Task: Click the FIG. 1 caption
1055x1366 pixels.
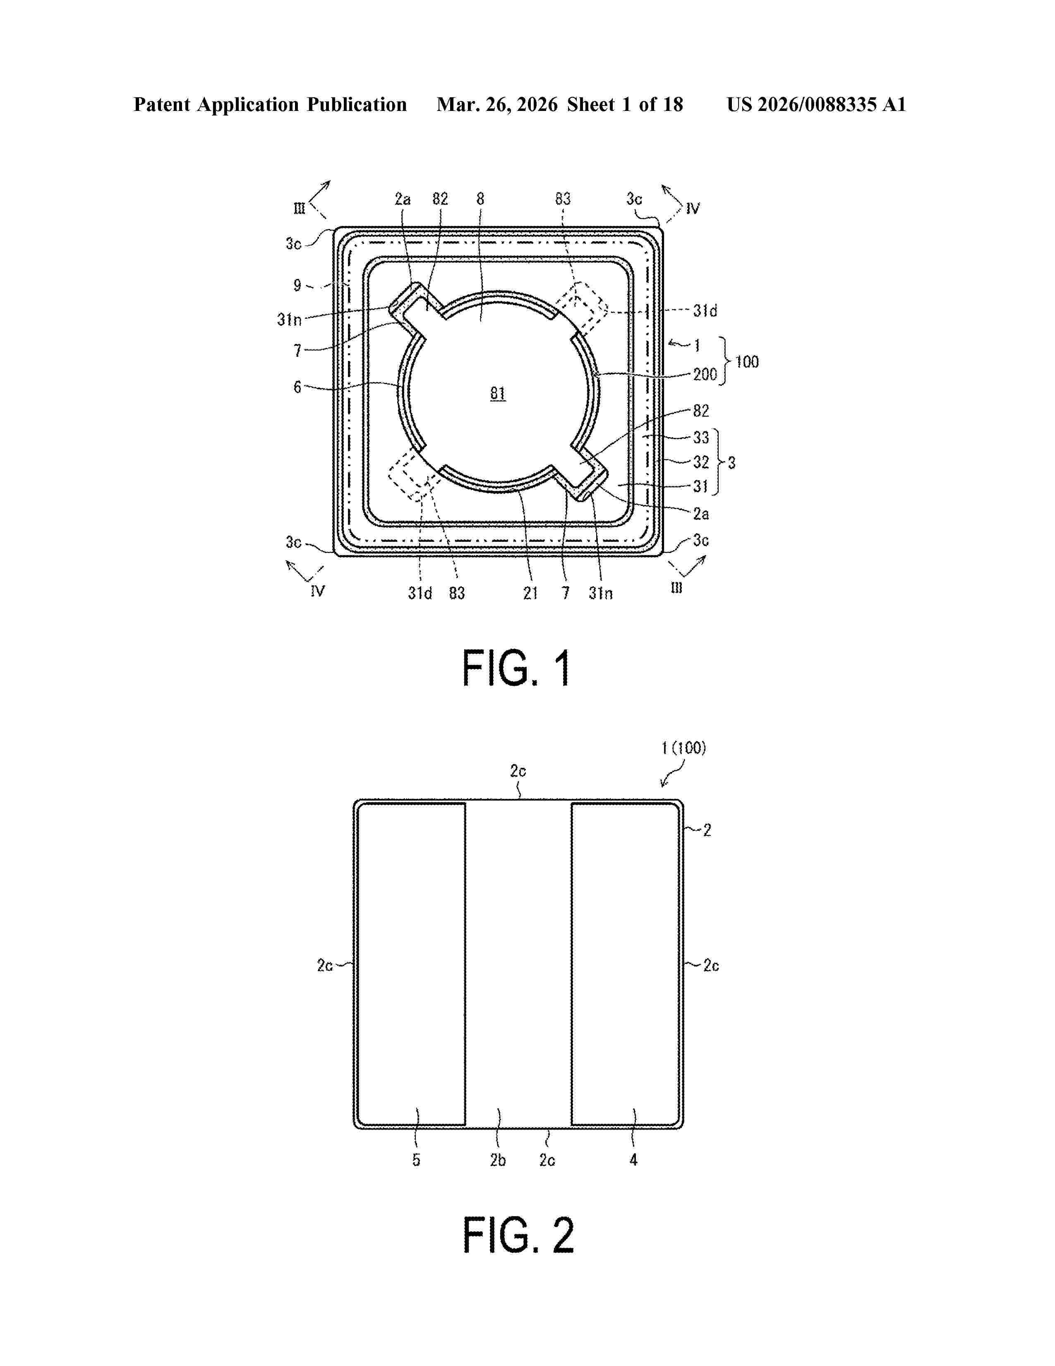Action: click(x=516, y=668)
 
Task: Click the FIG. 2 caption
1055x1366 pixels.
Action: click(x=518, y=1235)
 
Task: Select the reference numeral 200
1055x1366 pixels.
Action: click(x=705, y=375)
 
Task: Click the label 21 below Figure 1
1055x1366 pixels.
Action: click(x=530, y=593)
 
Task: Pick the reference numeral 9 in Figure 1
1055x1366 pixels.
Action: click(x=297, y=285)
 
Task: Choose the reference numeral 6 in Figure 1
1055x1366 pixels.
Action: click(x=297, y=387)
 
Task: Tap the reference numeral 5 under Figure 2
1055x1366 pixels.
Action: click(x=416, y=1160)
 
